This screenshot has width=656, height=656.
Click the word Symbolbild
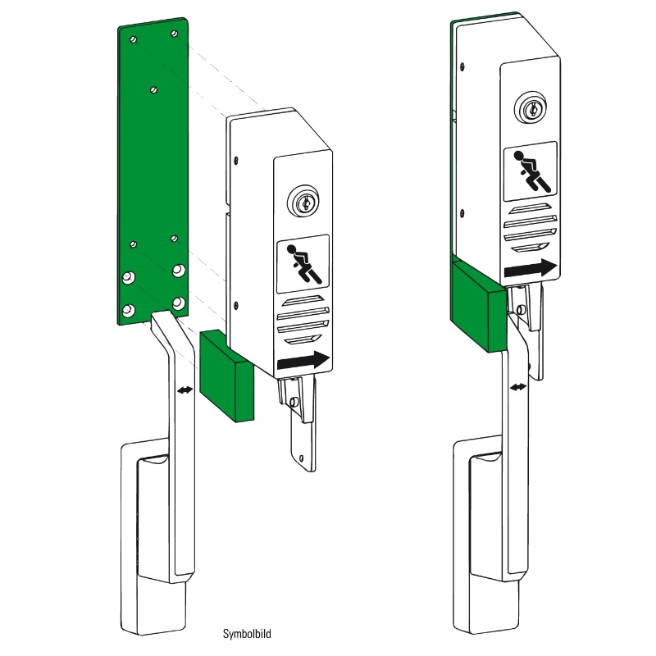click(247, 634)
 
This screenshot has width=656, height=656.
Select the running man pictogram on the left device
click(303, 264)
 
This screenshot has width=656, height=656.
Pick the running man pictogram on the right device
click(530, 171)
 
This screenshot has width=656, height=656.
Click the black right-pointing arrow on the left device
click(304, 360)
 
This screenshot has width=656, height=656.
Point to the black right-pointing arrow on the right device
click(531, 268)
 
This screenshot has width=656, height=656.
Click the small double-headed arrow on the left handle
click(185, 390)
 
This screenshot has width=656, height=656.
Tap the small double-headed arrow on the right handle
click(518, 387)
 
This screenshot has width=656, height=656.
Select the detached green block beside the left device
click(227, 376)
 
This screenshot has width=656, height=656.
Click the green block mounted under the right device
click(479, 304)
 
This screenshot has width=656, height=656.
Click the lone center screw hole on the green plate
click(153, 89)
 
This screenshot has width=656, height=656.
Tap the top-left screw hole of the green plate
click(133, 40)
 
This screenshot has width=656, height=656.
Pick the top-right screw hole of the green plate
click(175, 34)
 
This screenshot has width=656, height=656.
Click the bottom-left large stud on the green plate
click(129, 311)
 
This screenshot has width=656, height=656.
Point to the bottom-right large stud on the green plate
click(179, 303)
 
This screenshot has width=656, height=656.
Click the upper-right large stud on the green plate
click(179, 271)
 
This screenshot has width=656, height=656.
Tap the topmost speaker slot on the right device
click(529, 207)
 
